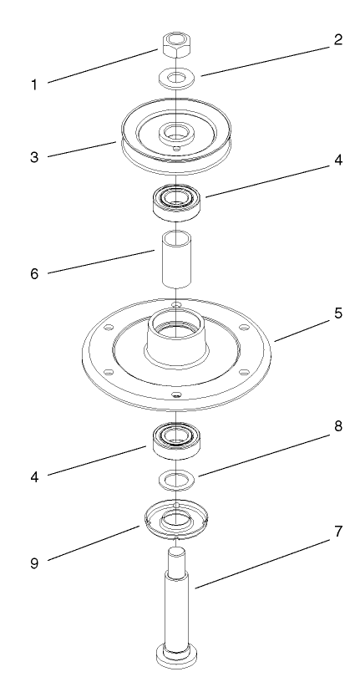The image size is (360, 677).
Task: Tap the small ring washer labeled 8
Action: pos(176,479)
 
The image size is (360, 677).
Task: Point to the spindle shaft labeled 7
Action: pos(176,602)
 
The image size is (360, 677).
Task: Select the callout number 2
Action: pos(337,39)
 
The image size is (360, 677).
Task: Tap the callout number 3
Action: pos(33,157)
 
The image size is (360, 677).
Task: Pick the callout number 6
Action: pos(33,272)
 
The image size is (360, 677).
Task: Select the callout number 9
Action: pos(33,564)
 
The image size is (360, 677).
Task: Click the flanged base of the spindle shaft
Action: pos(176,655)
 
